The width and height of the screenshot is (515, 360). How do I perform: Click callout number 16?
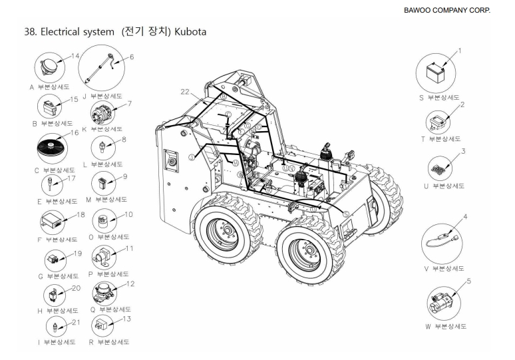[75, 133]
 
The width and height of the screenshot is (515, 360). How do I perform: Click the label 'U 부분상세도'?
[445, 187]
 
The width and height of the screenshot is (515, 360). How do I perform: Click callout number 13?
[126, 319]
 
